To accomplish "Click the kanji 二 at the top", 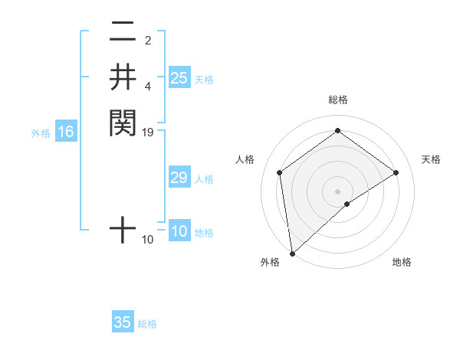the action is coord(123,33).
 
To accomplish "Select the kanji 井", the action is coord(123,77).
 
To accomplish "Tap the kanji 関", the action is coord(123,123).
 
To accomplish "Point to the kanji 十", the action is coord(123,229).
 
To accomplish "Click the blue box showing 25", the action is coord(179,77).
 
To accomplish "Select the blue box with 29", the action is coord(179,178).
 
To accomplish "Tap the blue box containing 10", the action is coord(179,232).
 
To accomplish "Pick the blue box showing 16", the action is coord(66,132).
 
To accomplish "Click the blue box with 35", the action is coord(123,322).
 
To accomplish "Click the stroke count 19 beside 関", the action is coord(148,133).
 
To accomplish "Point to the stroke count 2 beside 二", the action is coord(148,40).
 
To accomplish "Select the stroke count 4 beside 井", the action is coord(148,86).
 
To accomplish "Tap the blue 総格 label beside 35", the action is coord(147,324).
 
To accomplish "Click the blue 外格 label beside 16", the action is coord(41,133).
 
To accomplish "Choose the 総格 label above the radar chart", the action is coord(338,100).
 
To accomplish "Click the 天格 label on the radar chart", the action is coord(431,159).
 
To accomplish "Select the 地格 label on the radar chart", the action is coord(402,262).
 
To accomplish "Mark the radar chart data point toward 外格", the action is coord(292,254).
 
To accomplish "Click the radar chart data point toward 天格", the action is coord(396,172).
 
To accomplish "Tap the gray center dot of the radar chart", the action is coord(338,191).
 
